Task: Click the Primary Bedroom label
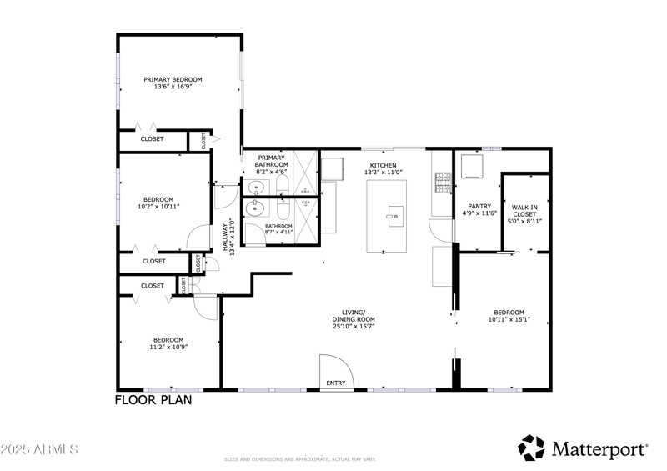(173, 80)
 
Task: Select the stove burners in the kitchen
(442, 178)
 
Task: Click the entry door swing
(332, 370)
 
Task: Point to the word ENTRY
(336, 383)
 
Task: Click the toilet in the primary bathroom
(281, 184)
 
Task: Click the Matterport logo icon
(531, 448)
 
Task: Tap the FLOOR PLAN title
(153, 400)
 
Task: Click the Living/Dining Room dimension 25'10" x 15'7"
(354, 327)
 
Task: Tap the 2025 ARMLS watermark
(39, 449)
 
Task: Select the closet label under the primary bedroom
(152, 139)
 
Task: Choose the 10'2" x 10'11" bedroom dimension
(158, 207)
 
